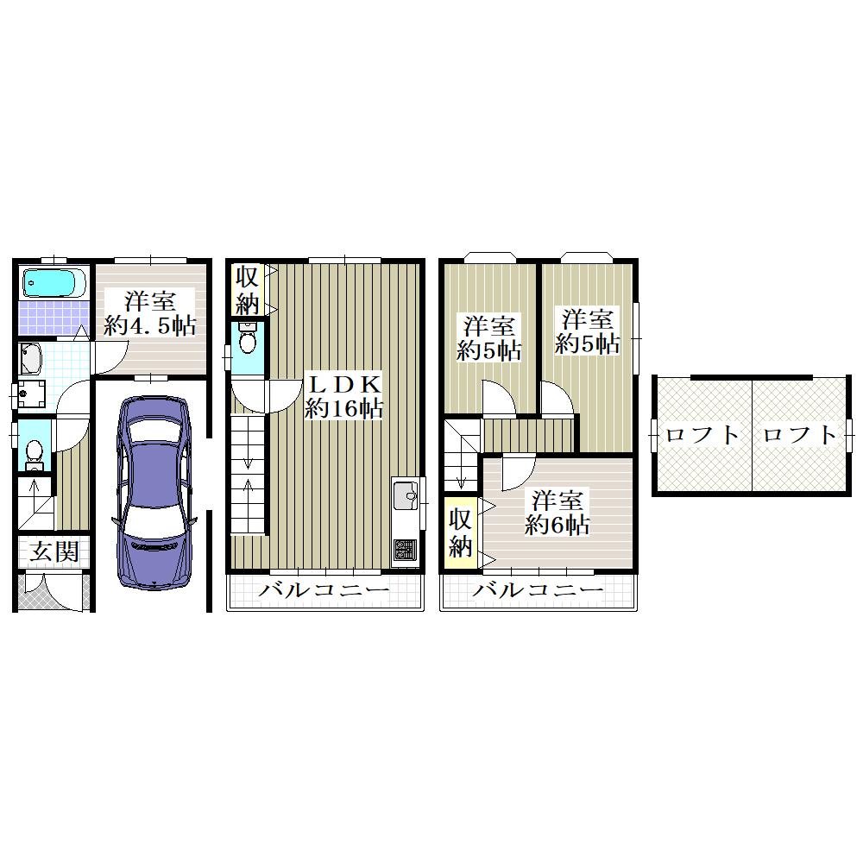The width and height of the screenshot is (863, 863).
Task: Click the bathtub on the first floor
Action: point(54,283)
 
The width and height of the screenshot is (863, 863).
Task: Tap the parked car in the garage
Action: point(154,493)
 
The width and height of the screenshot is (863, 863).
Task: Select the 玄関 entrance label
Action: point(54,551)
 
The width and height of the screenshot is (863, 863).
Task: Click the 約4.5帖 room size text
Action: point(149,326)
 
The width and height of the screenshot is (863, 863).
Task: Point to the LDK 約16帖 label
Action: point(344,396)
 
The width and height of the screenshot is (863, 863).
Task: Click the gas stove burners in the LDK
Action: point(406,549)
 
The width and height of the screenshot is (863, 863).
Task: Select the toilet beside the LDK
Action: point(249,339)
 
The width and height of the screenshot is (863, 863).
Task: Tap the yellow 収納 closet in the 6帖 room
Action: point(461,532)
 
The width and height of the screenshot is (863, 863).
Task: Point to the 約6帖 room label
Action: point(557,513)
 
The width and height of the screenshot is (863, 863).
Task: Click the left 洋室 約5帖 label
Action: point(489,338)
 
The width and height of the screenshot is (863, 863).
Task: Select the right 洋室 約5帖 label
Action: point(587,332)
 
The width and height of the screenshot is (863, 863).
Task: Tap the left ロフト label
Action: point(702,435)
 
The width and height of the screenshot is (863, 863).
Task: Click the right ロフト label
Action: point(800,435)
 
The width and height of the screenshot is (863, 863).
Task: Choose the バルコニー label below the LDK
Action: point(324,590)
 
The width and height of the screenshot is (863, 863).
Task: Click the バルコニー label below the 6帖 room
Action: point(538,590)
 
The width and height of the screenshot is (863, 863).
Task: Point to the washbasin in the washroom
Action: point(30,358)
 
